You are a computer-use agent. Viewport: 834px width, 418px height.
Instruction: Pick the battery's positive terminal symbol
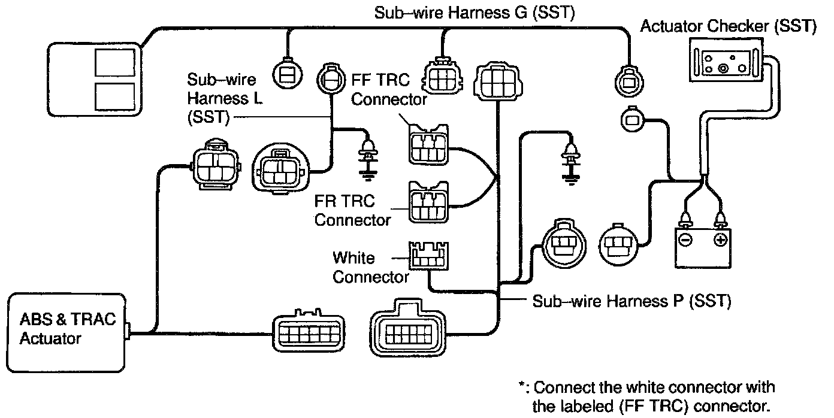(720, 240)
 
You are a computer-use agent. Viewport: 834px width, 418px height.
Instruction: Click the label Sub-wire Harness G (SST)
(475, 13)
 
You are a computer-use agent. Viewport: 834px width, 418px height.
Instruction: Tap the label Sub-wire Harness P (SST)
(631, 301)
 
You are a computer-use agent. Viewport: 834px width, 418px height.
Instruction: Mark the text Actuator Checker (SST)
(728, 27)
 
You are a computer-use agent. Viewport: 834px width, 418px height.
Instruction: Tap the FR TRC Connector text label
(353, 210)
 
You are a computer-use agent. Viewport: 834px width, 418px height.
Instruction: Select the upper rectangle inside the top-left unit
(115, 62)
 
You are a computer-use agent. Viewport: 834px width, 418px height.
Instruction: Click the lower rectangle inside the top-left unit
(115, 96)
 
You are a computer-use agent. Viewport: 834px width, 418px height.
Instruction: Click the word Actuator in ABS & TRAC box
(50, 338)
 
